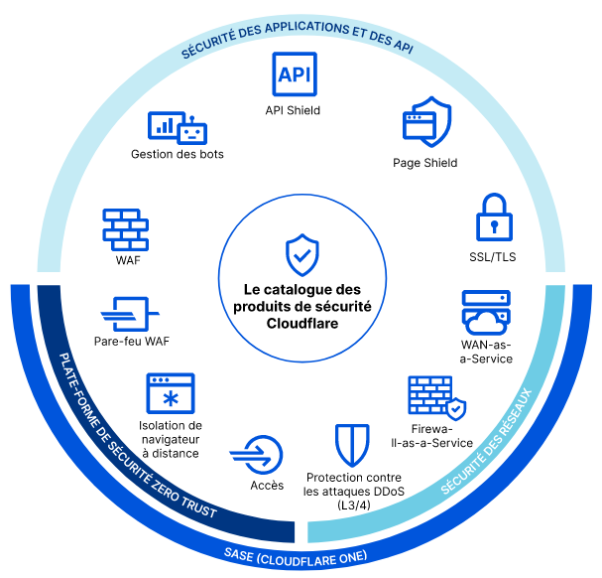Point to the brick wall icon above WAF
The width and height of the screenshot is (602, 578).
[125, 228]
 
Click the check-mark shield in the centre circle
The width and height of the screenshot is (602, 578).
[301, 254]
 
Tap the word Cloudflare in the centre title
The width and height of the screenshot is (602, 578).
[301, 324]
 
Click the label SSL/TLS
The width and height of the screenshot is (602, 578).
[493, 257]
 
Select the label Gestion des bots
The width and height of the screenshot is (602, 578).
[178, 154]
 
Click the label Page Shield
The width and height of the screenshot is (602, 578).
[425, 163]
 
